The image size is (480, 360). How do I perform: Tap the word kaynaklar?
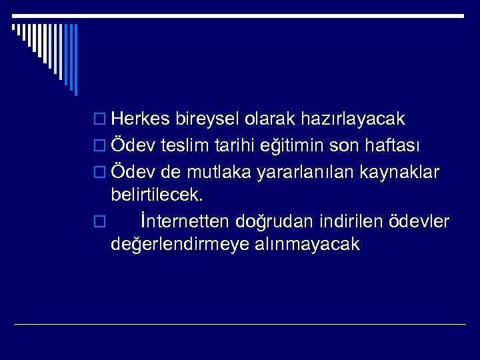400,171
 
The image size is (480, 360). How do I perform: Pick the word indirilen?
349,221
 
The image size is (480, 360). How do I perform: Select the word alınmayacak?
307,245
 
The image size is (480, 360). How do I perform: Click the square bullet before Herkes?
101,120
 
